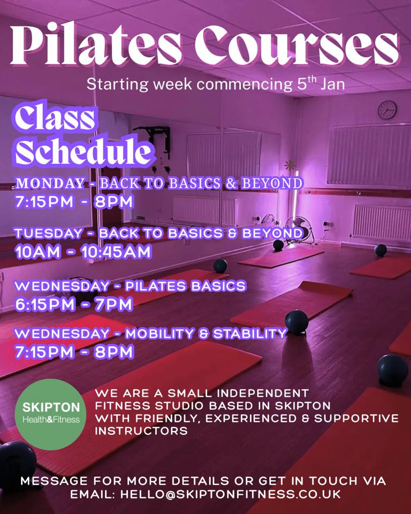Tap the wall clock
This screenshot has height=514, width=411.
387,110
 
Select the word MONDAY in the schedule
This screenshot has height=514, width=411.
50,184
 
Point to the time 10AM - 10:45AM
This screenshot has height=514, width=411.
83,252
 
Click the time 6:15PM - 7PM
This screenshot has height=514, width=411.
73,304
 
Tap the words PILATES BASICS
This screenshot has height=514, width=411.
185,286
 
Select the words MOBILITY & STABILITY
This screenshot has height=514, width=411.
205,334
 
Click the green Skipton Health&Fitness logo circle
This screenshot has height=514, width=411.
51,413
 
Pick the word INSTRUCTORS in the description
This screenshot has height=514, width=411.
141,430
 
